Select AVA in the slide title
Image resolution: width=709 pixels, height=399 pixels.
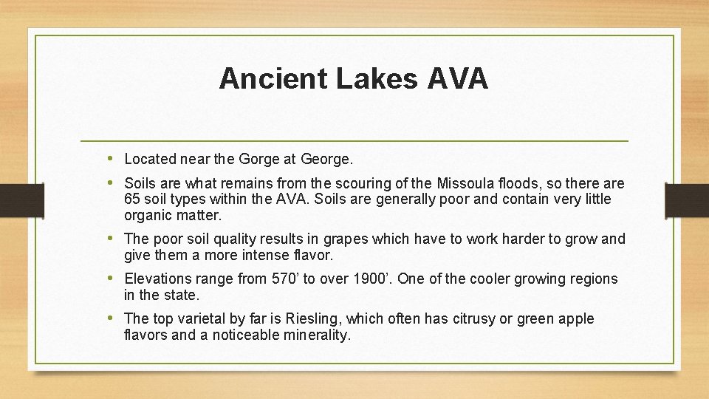click(x=457, y=78)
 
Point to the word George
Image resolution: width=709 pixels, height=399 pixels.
click(x=326, y=159)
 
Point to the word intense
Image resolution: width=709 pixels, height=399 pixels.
click(x=264, y=256)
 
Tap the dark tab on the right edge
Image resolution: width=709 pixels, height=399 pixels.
click(x=687, y=199)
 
